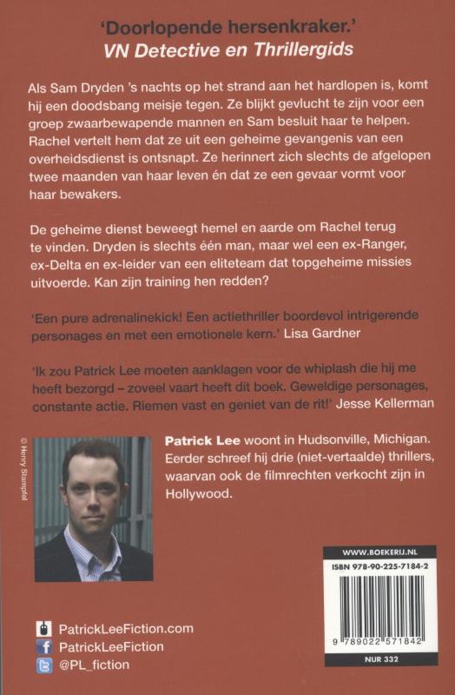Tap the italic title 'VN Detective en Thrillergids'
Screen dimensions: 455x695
point(227,49)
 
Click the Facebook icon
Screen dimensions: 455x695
point(44,646)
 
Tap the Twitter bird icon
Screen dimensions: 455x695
point(44,665)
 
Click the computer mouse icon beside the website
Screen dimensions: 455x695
point(44,627)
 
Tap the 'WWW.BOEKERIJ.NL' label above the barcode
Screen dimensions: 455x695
point(379,551)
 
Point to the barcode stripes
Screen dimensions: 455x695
point(379,608)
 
